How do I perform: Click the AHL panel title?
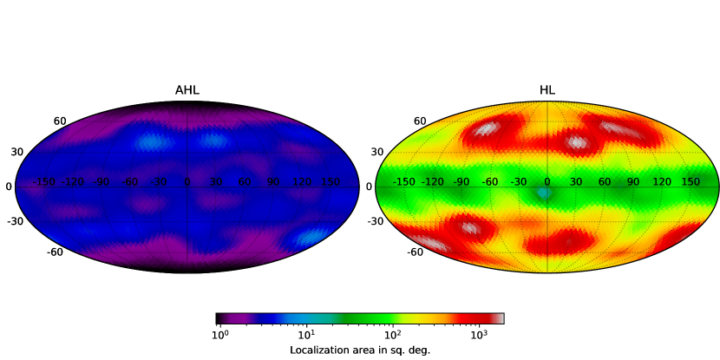point(187,90)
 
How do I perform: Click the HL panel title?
point(547,90)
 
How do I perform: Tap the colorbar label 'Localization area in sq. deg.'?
point(360,350)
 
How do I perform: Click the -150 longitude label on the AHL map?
point(44,182)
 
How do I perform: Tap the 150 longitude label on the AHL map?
point(331,182)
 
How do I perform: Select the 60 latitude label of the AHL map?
point(60,121)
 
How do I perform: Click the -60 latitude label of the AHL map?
point(54,252)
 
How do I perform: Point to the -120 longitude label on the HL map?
point(433,182)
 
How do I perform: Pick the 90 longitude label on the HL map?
point(633,182)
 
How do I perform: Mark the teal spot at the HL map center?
point(544,193)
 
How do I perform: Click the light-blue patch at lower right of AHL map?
point(310,237)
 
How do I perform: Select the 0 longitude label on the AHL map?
point(187,182)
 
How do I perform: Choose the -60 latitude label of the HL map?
point(414,252)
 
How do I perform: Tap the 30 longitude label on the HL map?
point(576,182)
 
